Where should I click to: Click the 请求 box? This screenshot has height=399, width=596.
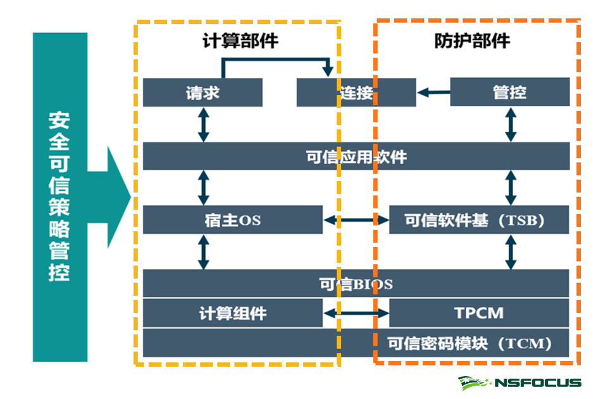pyautogui.click(x=202, y=92)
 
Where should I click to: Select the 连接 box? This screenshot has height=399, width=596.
pyautogui.click(x=356, y=92)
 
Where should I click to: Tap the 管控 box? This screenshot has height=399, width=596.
pyautogui.click(x=509, y=92)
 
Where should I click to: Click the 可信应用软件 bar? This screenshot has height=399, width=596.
pyautogui.click(x=356, y=156)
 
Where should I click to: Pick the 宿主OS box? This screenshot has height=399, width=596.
pyautogui.click(x=232, y=220)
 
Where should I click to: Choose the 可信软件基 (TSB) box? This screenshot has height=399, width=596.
pyautogui.click(x=479, y=220)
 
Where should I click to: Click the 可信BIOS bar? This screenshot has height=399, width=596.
pyautogui.click(x=356, y=283)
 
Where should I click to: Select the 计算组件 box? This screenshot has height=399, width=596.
pyautogui.click(x=232, y=313)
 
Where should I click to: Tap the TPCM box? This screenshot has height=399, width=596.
pyautogui.click(x=479, y=313)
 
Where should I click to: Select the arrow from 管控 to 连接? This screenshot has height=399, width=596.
pyautogui.click(x=433, y=92)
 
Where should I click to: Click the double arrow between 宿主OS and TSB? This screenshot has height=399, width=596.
pyautogui.click(x=356, y=220)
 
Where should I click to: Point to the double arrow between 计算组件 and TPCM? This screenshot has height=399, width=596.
pyautogui.click(x=356, y=313)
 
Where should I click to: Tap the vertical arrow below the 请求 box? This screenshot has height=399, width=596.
pyautogui.click(x=203, y=124)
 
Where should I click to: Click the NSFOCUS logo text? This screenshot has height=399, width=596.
pyautogui.click(x=538, y=383)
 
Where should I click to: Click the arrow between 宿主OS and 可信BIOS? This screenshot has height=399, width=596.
pyautogui.click(x=203, y=251)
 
